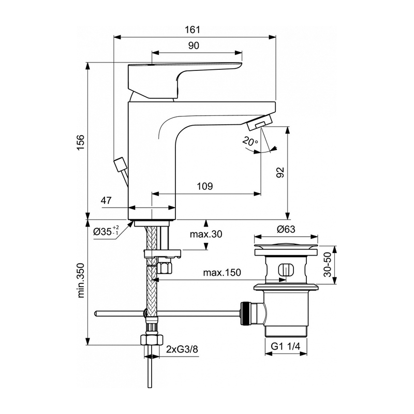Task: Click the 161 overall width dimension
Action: click(x=192, y=29)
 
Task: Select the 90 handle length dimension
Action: click(x=194, y=46)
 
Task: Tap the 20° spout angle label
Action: click(x=250, y=141)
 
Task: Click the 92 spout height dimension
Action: click(x=280, y=172)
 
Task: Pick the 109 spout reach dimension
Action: click(x=205, y=186)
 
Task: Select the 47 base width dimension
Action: click(x=106, y=200)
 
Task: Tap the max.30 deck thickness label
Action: click(x=206, y=234)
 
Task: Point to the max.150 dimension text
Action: click(x=222, y=272)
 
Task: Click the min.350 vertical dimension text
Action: click(x=81, y=280)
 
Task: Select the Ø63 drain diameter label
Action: click(x=286, y=229)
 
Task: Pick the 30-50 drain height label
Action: click(x=328, y=264)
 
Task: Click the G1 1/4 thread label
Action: click(x=286, y=346)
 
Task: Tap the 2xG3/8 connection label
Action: click(x=182, y=349)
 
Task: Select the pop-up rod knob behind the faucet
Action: click(x=120, y=165)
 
